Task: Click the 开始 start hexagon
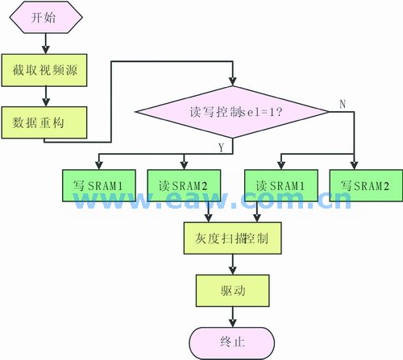coord(46,18)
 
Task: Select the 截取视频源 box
coord(44,70)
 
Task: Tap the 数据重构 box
coord(44,122)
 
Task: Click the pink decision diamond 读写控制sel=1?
coord(233,112)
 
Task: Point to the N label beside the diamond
coord(343,104)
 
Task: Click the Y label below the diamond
coord(221,147)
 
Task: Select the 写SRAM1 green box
coord(99,185)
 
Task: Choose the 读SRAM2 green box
coord(184,185)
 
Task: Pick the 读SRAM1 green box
coord(281,185)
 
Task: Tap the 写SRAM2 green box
coord(366,185)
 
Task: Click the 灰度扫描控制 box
coord(233,238)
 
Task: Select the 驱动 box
coord(233,291)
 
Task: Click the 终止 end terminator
coord(232,343)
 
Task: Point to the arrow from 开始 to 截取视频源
coord(46,43)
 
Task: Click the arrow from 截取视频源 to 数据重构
coord(46,97)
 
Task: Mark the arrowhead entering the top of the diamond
coord(233,81)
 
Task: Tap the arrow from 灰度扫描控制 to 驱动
coord(233,264)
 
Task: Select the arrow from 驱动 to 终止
coord(233,317)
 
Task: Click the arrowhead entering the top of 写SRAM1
coord(99,165)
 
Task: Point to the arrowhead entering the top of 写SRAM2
coord(354,165)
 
